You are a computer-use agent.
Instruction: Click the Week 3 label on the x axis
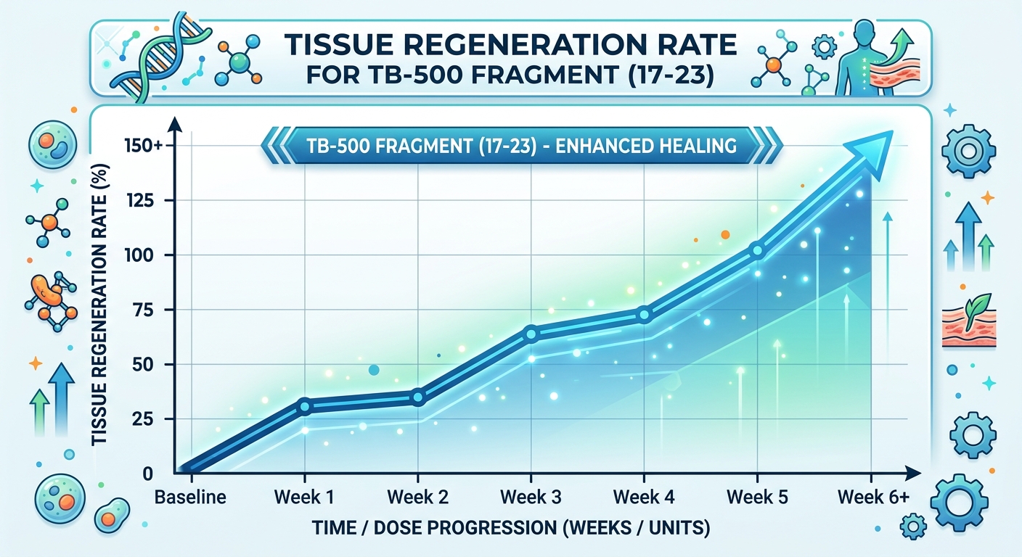coord(531,498)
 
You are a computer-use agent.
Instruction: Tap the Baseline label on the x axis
coord(191,498)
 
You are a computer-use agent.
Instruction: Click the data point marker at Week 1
coord(305,406)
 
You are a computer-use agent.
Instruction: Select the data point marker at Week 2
coord(417,397)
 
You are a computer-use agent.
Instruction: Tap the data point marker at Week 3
coord(531,334)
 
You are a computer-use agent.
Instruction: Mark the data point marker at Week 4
coord(644,315)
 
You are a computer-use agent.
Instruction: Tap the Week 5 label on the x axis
coord(757,498)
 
